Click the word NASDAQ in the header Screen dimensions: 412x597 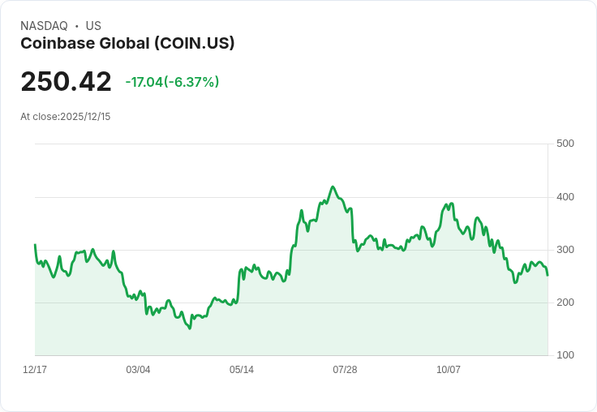pos(44,26)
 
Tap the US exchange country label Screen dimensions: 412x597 pos(93,26)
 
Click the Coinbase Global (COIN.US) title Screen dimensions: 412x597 pos(127,43)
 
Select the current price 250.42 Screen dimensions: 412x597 pos(66,82)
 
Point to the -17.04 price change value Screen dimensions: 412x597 pos(144,82)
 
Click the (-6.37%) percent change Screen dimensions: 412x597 pos(192,82)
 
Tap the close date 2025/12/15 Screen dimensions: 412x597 pos(85,117)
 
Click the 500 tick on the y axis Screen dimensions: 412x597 pos(565,144)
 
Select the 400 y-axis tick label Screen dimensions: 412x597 pos(565,197)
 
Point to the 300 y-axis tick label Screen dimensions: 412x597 pos(565,250)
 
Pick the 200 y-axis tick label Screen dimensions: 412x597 pos(565,303)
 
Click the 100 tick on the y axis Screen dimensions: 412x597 pos(565,355)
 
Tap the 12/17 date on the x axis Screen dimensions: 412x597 pos(35,370)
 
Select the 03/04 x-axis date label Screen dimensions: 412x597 pos(138,370)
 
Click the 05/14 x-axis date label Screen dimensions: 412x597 pos(242,370)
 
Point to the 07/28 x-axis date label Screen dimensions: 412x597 pos(345,370)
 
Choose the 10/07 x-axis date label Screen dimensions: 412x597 pos(449,370)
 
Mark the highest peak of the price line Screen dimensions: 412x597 pos(333,187)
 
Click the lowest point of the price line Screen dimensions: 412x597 pos(190,328)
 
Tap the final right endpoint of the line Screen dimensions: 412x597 pos(548,275)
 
